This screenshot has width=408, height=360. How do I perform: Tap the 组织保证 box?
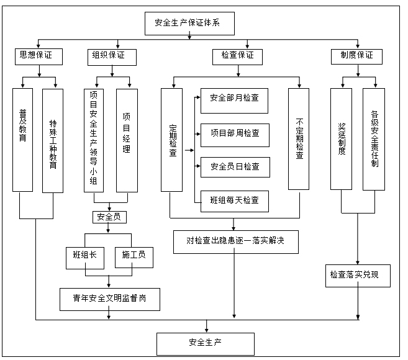coord(109,56)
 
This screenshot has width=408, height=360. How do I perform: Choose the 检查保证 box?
coord(238,56)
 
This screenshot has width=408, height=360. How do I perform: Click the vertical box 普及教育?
coord(22,139)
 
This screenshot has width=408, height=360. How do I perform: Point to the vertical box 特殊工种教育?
coord(53,139)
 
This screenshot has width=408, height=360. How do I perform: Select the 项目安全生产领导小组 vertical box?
coord(93,139)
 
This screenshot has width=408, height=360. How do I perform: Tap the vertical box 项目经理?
coord(127,139)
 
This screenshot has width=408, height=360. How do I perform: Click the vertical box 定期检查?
coord(173,139)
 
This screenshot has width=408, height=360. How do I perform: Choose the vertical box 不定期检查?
coord(299,139)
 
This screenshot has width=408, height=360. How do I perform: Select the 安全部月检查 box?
coord(235,100)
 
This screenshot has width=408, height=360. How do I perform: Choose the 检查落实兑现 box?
coord(358,276)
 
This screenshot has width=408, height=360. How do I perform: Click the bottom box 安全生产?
coord(206,343)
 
